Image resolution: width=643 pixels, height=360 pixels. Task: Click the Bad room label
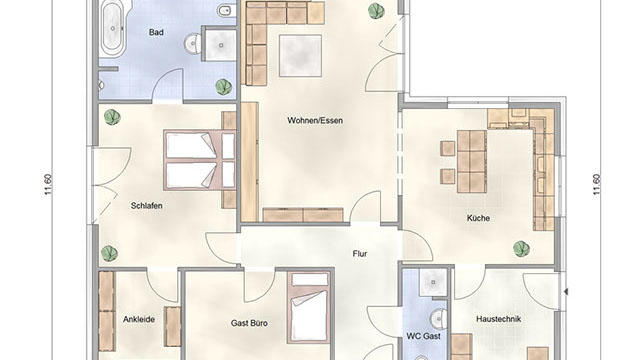(x=156, y=32)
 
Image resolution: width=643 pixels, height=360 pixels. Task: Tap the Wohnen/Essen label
(x=315, y=121)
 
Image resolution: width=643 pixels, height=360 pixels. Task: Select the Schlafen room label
(x=146, y=206)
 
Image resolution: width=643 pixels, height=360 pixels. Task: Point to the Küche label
(x=478, y=218)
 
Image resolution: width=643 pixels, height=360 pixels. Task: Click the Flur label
(x=360, y=254)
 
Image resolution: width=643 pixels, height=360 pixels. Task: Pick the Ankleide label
(x=139, y=319)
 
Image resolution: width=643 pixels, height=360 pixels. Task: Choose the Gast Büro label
(x=249, y=323)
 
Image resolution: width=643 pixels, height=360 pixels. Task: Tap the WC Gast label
(x=424, y=336)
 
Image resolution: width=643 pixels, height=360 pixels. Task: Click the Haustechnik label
(x=499, y=319)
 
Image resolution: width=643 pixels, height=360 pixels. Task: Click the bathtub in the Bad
(x=114, y=29)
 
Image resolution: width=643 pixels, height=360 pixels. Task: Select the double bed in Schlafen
(x=200, y=160)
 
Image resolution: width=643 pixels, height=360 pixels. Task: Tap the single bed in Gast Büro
(x=310, y=308)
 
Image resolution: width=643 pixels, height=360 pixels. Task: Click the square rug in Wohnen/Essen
(x=301, y=56)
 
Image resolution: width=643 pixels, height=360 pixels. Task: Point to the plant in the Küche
(x=521, y=248)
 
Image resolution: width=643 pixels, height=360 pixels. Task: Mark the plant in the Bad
(x=223, y=87)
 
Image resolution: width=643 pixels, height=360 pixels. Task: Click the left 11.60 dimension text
(x=49, y=185)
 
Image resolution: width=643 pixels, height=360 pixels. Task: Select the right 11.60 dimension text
(x=597, y=185)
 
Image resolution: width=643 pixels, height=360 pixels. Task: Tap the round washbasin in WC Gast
(x=439, y=318)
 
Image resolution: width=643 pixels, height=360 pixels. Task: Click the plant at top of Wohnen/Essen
(x=376, y=11)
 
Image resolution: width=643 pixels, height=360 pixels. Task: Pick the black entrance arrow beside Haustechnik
(x=566, y=292)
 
